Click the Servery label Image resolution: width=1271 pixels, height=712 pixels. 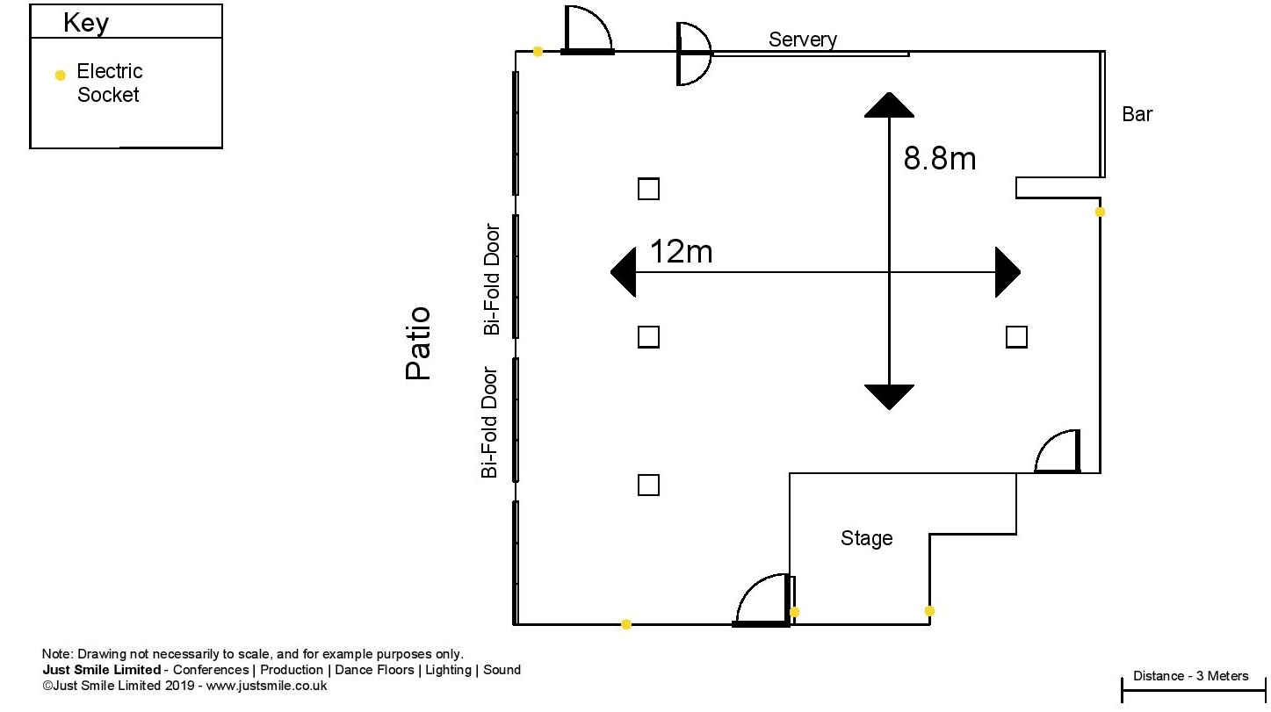click(x=802, y=40)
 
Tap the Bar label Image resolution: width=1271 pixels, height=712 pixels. click(x=1137, y=114)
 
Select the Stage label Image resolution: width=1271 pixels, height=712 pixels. click(x=866, y=538)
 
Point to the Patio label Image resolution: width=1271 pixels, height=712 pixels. click(x=418, y=343)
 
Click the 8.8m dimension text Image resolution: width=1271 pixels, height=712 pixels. click(x=940, y=158)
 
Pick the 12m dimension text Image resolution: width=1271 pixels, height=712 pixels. click(x=681, y=251)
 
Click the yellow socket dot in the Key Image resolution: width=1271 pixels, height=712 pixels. click(x=60, y=75)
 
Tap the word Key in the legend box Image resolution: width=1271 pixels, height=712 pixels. click(x=86, y=23)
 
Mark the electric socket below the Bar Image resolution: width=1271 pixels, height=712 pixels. click(x=1100, y=212)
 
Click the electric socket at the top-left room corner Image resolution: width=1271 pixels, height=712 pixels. click(x=538, y=52)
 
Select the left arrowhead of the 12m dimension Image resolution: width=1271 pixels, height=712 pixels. click(x=623, y=272)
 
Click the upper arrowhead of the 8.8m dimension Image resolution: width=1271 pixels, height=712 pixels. click(x=889, y=105)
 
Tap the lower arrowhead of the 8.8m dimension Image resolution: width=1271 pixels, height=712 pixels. click(x=889, y=397)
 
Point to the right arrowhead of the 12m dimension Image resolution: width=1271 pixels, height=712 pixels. click(x=1008, y=272)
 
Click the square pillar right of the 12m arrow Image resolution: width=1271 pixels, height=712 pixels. click(x=1016, y=337)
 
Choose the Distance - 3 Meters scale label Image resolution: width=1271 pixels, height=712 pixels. click(x=1190, y=676)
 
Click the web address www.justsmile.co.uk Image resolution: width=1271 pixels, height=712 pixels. click(x=267, y=686)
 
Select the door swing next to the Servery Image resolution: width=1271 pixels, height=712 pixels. click(x=693, y=54)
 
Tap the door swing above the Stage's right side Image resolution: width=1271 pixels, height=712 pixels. click(x=1058, y=451)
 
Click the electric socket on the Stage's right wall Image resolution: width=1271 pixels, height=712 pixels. click(x=929, y=611)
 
